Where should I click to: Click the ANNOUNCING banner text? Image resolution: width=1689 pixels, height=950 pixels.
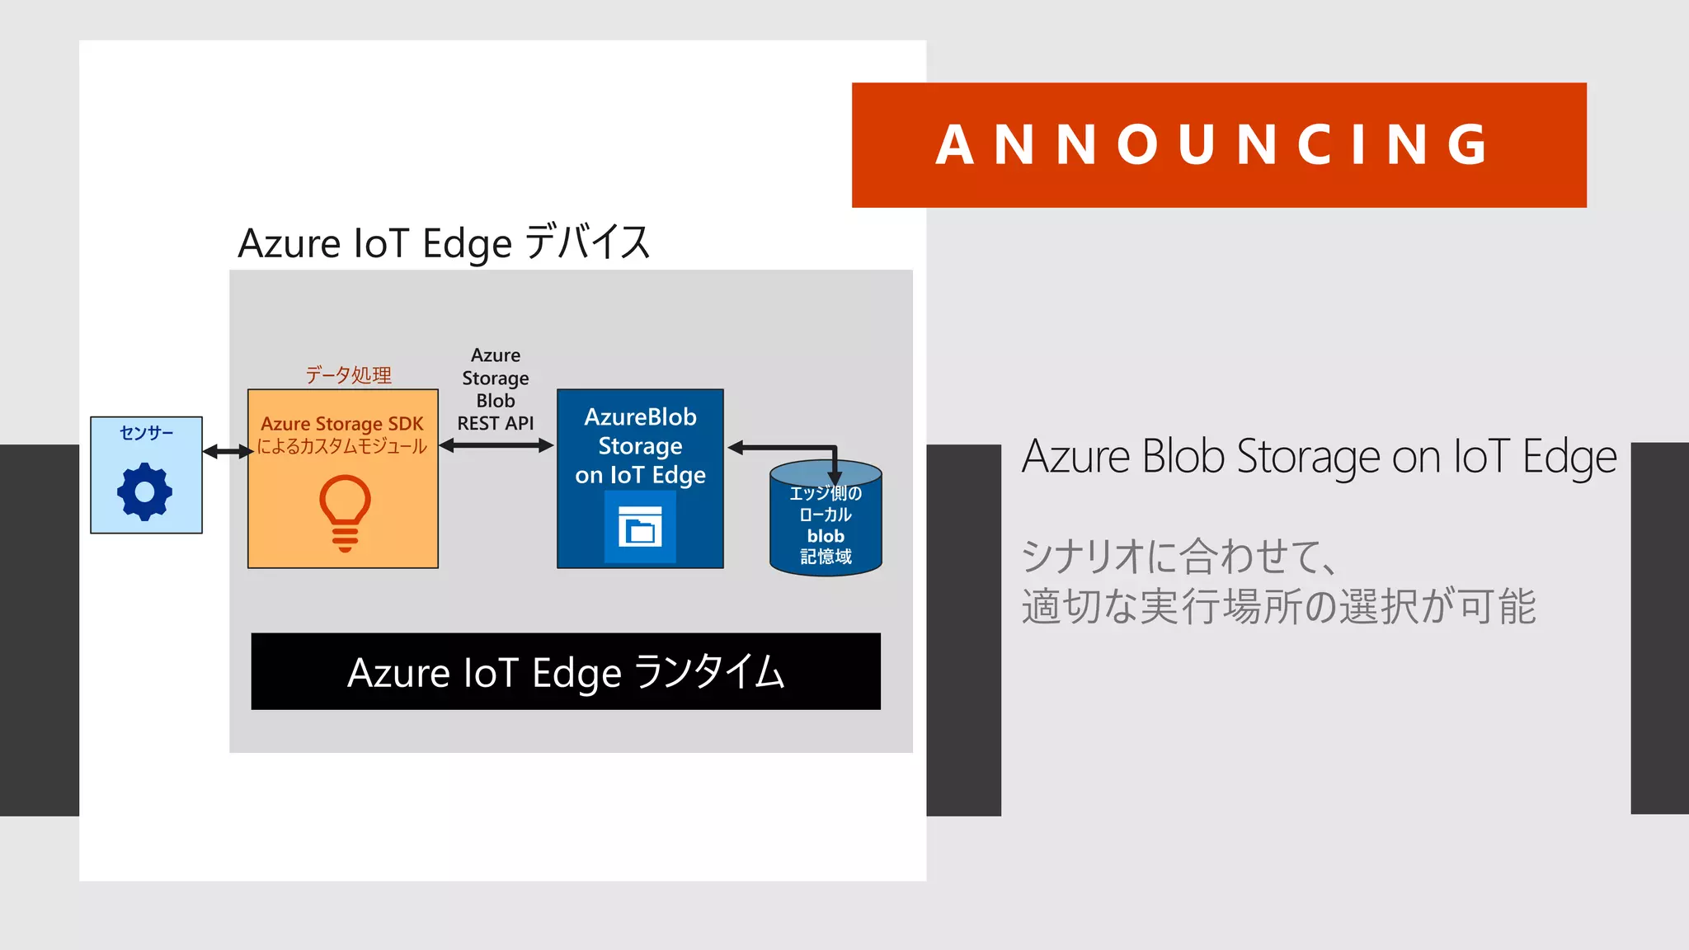(x=1212, y=145)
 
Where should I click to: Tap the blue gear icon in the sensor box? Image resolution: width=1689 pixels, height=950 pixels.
(x=145, y=491)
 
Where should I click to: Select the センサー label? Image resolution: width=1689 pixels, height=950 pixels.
(x=146, y=433)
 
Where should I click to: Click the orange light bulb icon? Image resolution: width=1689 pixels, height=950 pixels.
(x=345, y=512)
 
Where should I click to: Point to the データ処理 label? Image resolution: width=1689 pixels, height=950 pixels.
(x=348, y=375)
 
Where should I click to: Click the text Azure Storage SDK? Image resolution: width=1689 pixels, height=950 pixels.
(x=342, y=424)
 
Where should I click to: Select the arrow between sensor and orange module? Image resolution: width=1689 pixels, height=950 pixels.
(x=227, y=451)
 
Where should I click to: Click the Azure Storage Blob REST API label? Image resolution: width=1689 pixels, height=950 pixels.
(x=496, y=389)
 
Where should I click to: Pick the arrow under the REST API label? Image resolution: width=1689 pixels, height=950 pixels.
(x=496, y=445)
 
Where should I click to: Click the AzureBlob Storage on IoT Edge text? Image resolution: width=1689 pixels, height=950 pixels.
(x=640, y=446)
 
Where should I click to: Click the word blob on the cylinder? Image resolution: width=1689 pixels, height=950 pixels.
(x=826, y=536)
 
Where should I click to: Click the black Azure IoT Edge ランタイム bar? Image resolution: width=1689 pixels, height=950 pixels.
(x=566, y=671)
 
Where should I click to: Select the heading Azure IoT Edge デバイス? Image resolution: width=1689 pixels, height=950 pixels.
(x=444, y=242)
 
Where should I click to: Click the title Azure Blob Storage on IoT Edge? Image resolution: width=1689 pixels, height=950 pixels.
(x=1319, y=457)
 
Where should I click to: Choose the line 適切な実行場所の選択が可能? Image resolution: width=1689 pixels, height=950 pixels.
(x=1278, y=607)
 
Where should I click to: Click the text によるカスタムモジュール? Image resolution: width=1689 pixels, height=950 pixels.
(x=342, y=446)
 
